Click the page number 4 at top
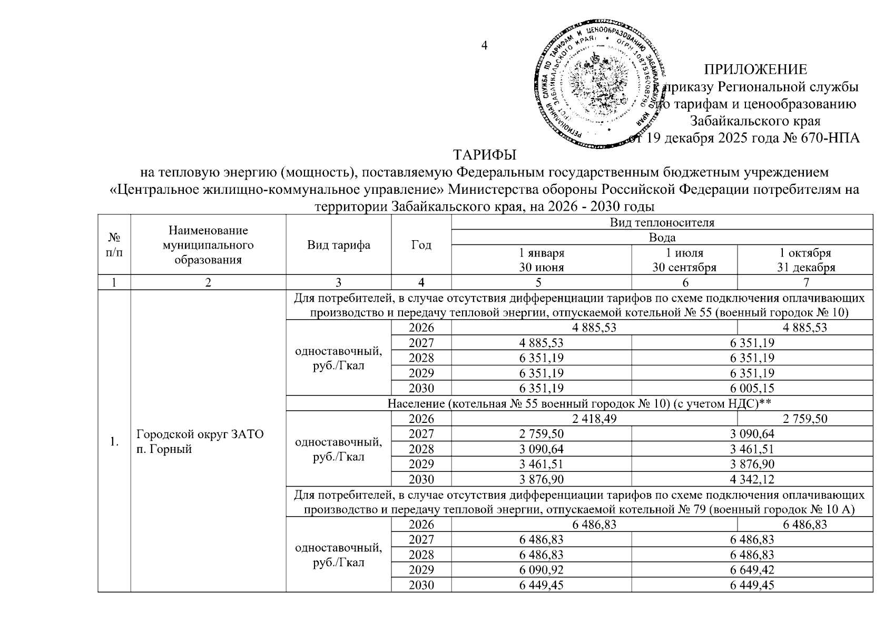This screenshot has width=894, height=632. [x=485, y=45]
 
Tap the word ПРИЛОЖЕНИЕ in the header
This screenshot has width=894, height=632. [x=755, y=70]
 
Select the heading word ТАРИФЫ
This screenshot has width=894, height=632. [x=485, y=155]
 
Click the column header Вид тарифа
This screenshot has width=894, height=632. [x=339, y=245]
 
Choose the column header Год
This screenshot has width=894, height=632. [x=421, y=245]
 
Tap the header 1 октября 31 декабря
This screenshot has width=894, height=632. [x=805, y=260]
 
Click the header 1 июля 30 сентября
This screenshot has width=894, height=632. [x=684, y=260]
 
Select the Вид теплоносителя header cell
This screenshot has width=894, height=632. [x=662, y=222]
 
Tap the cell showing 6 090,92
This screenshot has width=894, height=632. [x=541, y=570]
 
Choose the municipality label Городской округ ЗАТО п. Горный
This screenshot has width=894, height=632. [x=200, y=442]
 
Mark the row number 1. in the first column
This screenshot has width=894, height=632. [x=114, y=442]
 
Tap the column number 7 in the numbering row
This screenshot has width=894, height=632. [x=805, y=282]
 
